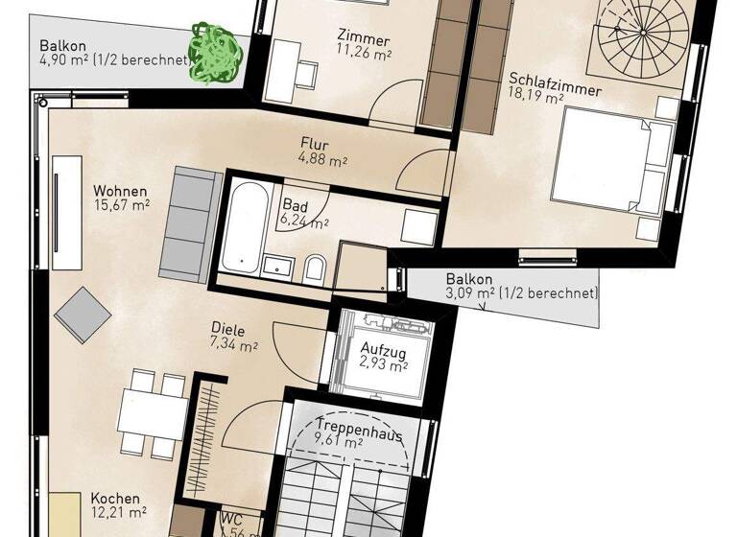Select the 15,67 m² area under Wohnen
[x=121, y=204]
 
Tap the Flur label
[x=314, y=146]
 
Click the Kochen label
[x=117, y=500]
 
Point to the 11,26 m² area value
[x=364, y=55]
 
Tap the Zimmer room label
[x=363, y=39]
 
